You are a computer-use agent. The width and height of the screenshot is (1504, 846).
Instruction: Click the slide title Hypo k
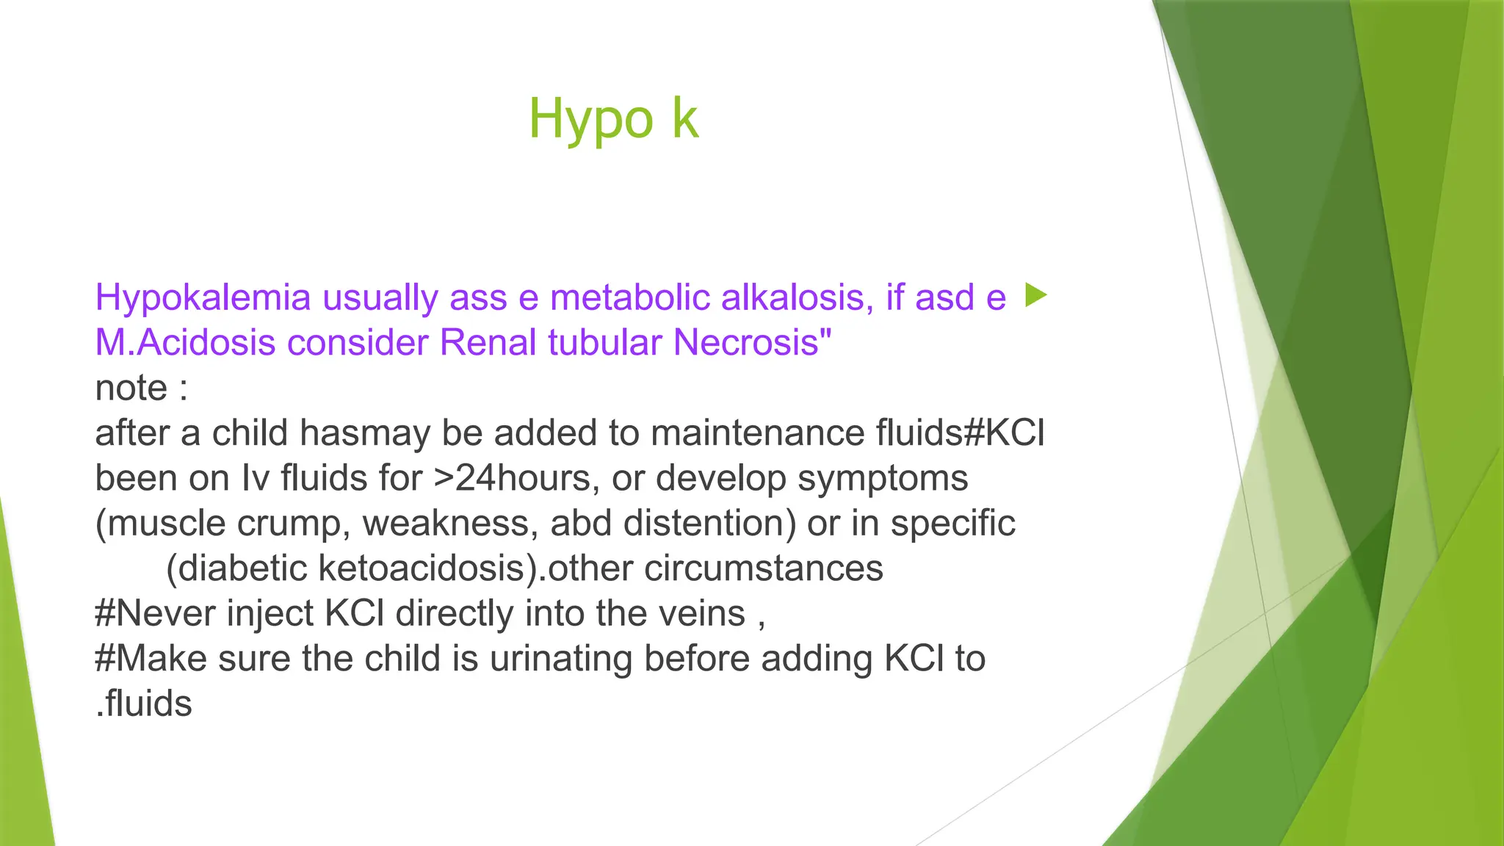click(613, 119)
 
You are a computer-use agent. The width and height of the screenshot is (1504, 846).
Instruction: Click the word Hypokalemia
click(204, 298)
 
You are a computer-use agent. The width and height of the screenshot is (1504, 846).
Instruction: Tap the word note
click(131, 388)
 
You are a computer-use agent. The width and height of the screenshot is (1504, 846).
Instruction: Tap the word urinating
click(560, 659)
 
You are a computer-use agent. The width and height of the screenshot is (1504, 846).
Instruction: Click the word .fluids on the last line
click(144, 704)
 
